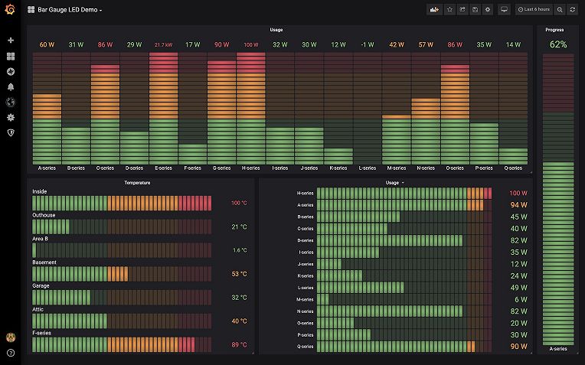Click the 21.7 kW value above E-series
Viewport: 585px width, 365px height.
[163, 45]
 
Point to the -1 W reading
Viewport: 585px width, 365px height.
[367, 45]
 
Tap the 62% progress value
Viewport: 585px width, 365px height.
[558, 45]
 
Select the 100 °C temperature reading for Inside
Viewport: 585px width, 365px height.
[238, 204]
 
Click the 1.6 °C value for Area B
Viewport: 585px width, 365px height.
[240, 250]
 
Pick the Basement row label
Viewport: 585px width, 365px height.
[44, 262]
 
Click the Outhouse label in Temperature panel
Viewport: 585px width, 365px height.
[44, 215]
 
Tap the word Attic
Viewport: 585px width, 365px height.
[39, 309]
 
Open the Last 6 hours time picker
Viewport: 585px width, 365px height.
[534, 10]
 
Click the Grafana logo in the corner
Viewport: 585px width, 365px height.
[10, 10]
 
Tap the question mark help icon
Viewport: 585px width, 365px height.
[11, 353]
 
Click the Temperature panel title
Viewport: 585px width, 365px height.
[137, 183]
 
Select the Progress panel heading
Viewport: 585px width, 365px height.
[555, 30]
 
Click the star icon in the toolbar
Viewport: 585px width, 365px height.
[449, 10]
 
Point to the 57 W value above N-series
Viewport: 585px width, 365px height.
[425, 45]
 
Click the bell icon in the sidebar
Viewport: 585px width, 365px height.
[11, 86]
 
